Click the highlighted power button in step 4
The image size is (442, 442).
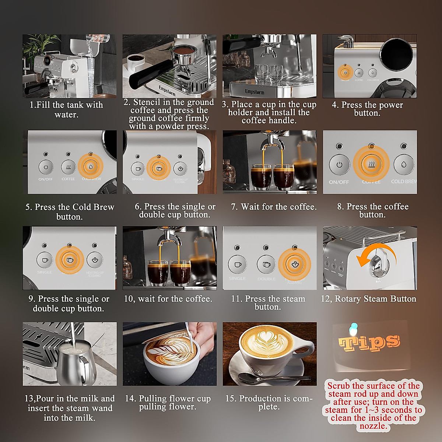[x=345, y=72]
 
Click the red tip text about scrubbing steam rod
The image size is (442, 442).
[x=373, y=406]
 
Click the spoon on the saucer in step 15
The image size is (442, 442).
[x=273, y=377]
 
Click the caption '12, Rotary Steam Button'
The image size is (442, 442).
[x=368, y=299]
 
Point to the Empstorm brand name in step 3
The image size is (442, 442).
[x=255, y=91]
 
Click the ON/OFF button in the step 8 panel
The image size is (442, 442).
[x=339, y=165]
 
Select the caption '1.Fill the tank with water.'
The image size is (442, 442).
[x=66, y=109]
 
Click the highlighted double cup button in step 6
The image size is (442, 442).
[x=158, y=168]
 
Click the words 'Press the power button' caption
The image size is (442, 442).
[x=367, y=109]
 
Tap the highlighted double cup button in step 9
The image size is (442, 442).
[x=70, y=260]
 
